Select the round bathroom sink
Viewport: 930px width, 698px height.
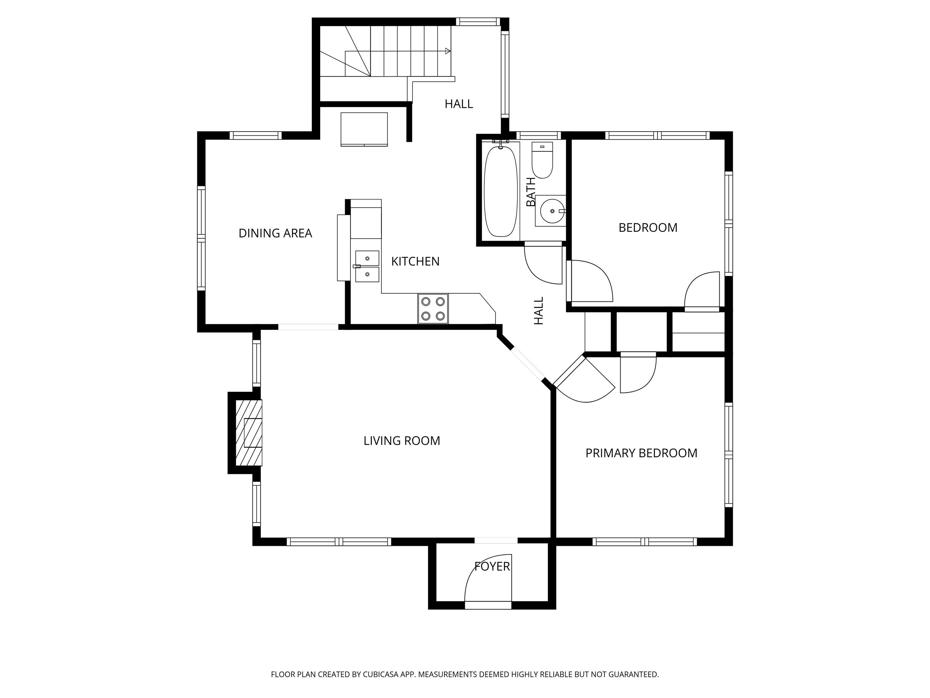(x=550, y=211)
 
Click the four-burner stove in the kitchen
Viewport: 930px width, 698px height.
(x=433, y=309)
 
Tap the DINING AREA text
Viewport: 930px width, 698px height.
(x=275, y=233)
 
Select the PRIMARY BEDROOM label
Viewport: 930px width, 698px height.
(x=641, y=453)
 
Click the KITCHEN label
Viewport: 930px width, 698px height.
(x=415, y=261)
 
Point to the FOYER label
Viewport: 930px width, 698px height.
(x=492, y=567)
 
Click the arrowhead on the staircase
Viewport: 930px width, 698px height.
(x=448, y=51)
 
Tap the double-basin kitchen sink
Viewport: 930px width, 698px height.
(x=367, y=266)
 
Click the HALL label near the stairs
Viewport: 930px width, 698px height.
(x=459, y=104)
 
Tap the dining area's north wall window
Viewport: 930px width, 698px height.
(x=256, y=135)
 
